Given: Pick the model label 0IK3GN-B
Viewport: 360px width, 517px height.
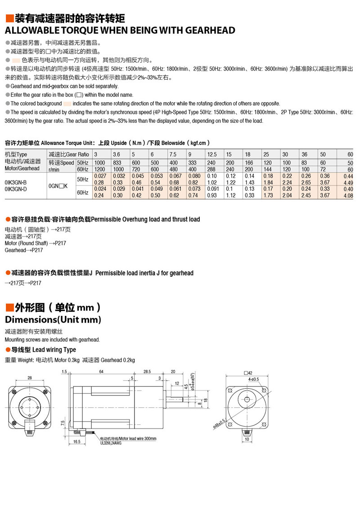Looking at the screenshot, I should (x=16, y=182).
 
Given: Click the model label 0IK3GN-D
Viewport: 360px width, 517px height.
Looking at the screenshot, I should (x=16, y=189).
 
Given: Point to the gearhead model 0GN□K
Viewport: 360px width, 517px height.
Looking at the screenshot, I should (x=58, y=186).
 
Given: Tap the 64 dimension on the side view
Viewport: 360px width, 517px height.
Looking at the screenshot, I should (x=101, y=371).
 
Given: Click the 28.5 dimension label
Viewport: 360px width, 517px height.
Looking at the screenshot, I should (x=147, y=371).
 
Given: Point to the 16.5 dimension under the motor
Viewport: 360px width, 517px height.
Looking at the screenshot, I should (x=76, y=442).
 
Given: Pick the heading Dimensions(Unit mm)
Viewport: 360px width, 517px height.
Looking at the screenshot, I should (x=53, y=319).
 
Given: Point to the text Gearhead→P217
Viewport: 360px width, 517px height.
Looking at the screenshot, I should (x=24, y=250).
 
